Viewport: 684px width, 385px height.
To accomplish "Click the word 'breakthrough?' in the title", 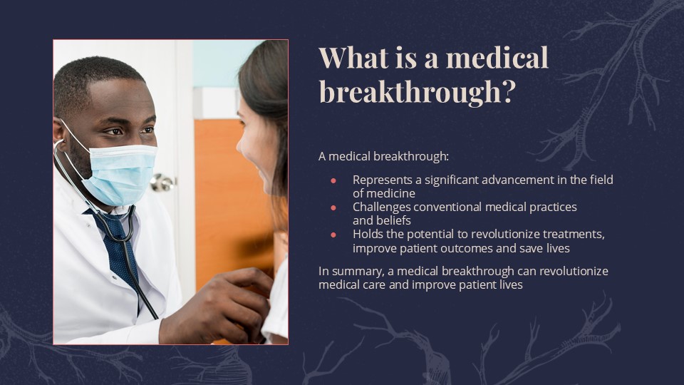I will pyautogui.click(x=416, y=91).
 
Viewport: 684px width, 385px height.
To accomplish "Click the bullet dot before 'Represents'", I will pyautogui.click(x=333, y=180).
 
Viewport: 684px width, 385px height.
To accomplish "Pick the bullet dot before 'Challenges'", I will pyautogui.click(x=333, y=207).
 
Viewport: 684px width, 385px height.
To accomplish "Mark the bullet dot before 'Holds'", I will pyautogui.click(x=333, y=235).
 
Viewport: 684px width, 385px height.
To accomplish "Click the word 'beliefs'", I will pyautogui.click(x=393, y=220).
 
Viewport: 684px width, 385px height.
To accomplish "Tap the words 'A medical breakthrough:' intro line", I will pyautogui.click(x=384, y=156).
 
